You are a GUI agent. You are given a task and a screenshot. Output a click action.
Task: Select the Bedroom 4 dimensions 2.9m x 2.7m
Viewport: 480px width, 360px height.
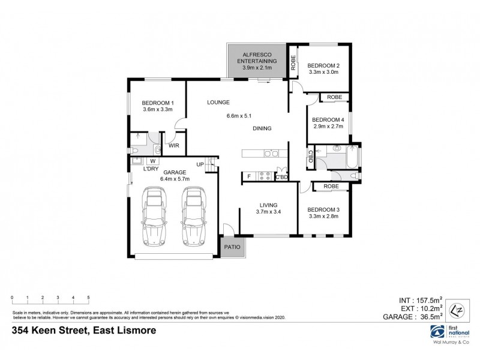(328, 126)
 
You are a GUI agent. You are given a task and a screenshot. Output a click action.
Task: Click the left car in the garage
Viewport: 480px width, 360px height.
(154, 218)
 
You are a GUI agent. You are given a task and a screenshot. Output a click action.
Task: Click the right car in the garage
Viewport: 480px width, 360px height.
(194, 218)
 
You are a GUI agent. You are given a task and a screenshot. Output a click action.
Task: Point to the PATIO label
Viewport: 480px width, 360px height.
(232, 246)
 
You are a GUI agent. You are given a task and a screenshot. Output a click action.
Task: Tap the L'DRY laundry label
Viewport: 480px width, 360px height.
(151, 169)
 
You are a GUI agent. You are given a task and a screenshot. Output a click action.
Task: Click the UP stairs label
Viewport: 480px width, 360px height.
(200, 164)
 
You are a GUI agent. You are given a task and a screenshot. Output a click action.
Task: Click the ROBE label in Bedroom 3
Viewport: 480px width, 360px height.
(331, 187)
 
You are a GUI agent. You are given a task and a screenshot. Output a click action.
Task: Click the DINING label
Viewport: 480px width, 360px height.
(262, 128)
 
